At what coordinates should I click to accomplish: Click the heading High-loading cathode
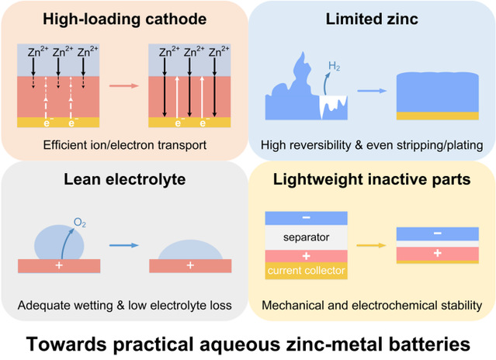pyautogui.click(x=125, y=19)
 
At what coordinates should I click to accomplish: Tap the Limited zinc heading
pyautogui.click(x=372, y=19)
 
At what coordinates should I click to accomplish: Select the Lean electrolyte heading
pyautogui.click(x=125, y=179)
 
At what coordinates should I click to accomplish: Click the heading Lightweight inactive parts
pyautogui.click(x=372, y=179)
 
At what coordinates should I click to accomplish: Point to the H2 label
pyautogui.click(x=334, y=67)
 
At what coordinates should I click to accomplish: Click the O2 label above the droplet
pyautogui.click(x=80, y=223)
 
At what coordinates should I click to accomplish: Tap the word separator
pyautogui.click(x=306, y=237)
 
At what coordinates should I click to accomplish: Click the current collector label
pyautogui.click(x=306, y=271)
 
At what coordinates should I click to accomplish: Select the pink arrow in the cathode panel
pyautogui.click(x=124, y=85)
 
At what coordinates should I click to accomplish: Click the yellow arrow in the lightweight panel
pyautogui.click(x=371, y=245)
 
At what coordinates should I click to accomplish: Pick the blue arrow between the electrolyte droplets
pyautogui.click(x=124, y=245)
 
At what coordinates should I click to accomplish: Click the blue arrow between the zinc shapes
pyautogui.click(x=372, y=91)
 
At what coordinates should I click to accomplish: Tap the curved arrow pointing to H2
pyautogui.click(x=324, y=83)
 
